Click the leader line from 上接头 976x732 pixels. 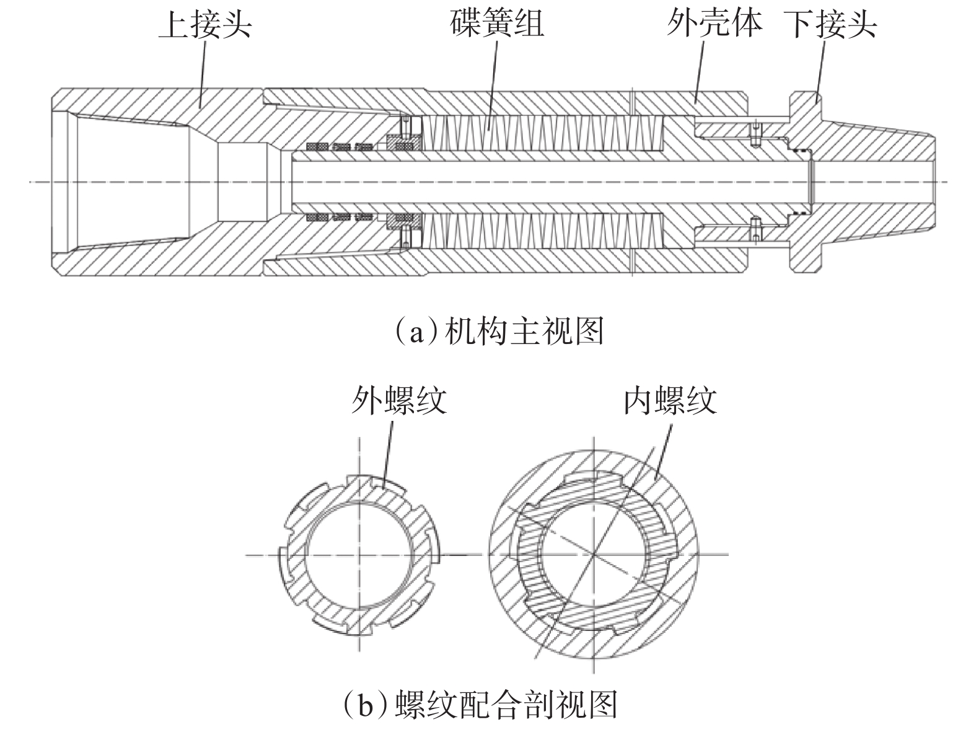coord(202,74)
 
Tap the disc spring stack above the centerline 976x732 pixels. coord(539,133)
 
